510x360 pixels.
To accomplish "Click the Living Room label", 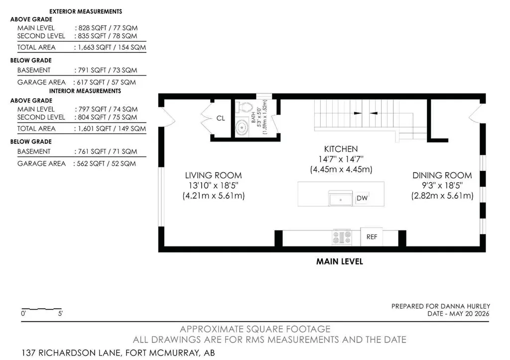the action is point(213,175).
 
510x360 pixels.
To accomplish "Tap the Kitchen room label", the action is point(341,149).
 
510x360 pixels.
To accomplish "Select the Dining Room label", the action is point(442,175).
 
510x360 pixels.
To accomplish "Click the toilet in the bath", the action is point(245,107).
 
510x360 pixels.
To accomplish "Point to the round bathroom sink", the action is point(242,127).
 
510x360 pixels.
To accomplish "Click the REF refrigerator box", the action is point(372,237).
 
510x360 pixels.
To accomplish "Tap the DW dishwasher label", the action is point(362,198).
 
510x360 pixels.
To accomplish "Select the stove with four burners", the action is point(342,237).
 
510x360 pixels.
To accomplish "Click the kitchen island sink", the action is point(341,198).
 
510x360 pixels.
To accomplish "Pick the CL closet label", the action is point(221,118).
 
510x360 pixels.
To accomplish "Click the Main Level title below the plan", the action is point(340,261).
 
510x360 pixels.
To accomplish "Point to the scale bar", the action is point(41,309).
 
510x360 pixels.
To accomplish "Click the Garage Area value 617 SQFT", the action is point(89,82).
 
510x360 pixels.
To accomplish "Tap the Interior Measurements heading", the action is point(85,91).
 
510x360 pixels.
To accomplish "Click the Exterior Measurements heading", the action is point(86,11).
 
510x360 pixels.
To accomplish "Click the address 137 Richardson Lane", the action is point(72,353).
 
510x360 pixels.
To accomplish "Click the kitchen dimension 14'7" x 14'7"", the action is point(341,159).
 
